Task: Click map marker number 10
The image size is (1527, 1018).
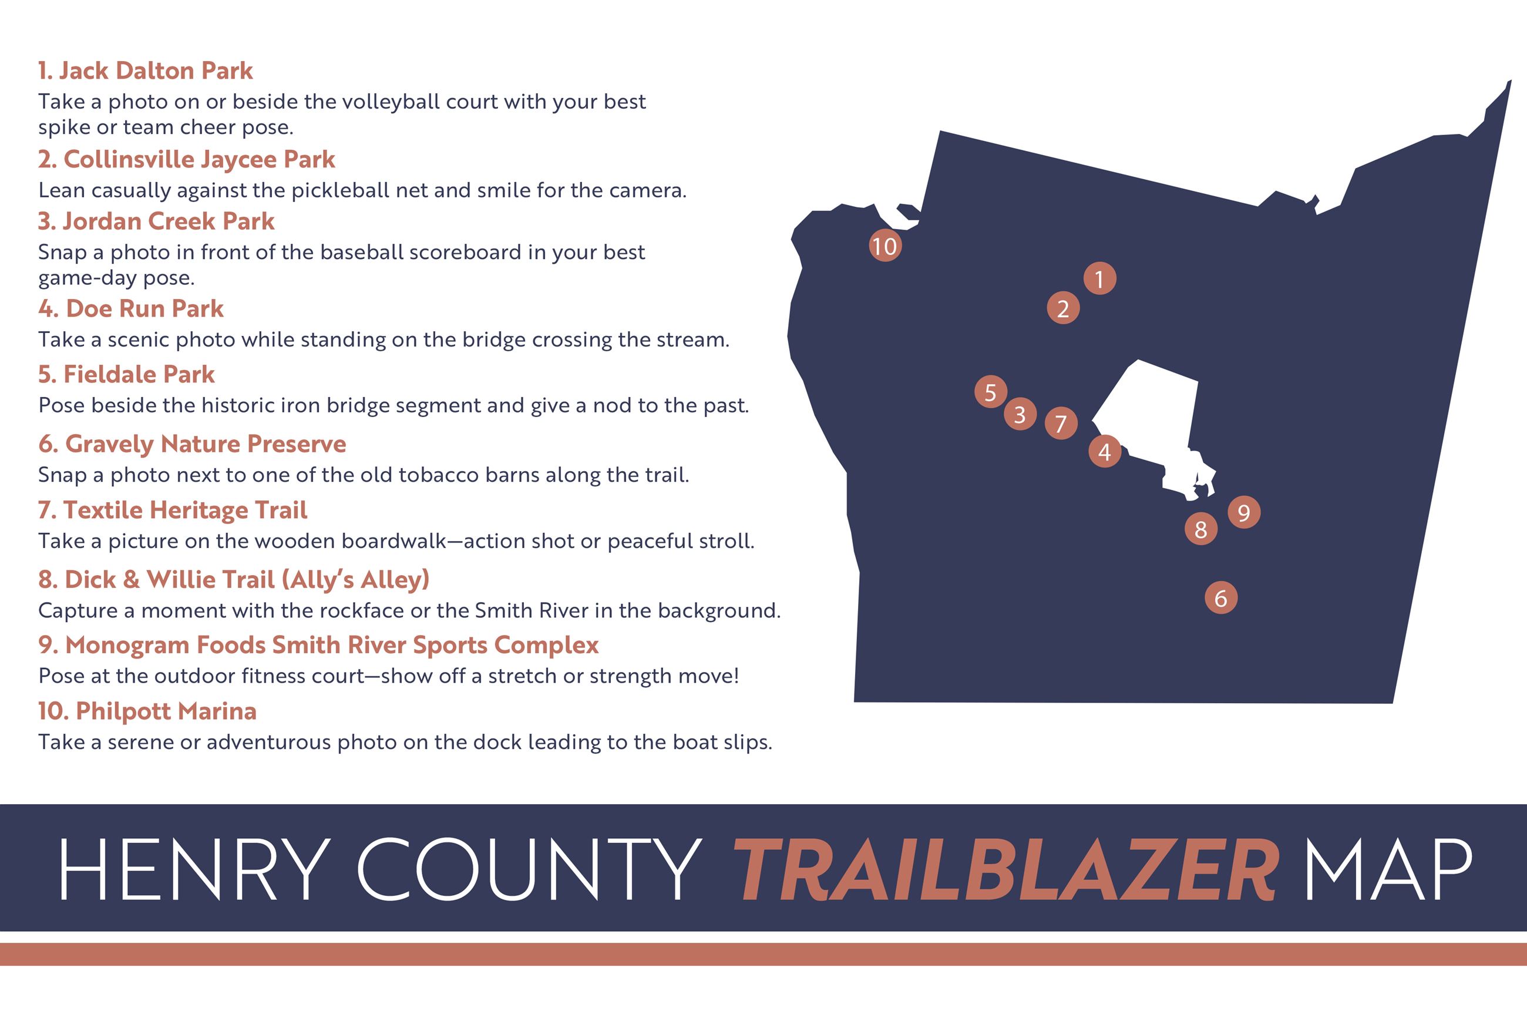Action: click(x=884, y=246)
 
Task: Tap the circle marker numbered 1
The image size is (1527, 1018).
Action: click(x=1099, y=278)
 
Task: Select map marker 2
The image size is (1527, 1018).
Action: click(x=1063, y=308)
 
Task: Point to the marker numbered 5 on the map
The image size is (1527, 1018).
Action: click(x=990, y=392)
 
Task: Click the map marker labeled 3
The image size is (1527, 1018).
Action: click(x=1020, y=414)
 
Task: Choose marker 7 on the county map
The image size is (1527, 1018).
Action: click(x=1061, y=424)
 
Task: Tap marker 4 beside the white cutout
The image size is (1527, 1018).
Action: click(x=1105, y=451)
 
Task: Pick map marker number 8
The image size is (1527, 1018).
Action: click(x=1200, y=529)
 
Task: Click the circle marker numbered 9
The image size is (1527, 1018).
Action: click(x=1244, y=512)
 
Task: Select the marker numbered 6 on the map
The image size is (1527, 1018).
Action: click(x=1220, y=598)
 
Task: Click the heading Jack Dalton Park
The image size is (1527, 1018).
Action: click(x=146, y=70)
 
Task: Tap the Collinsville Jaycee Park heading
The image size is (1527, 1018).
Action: click(x=187, y=160)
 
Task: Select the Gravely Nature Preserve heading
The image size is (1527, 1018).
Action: click(x=192, y=444)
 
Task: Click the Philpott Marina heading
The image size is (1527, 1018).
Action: click(x=147, y=711)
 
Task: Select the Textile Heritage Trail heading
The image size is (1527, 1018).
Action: click(x=173, y=510)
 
